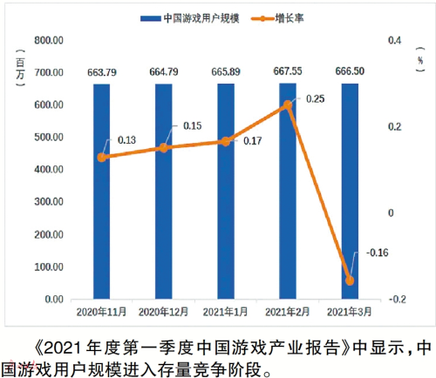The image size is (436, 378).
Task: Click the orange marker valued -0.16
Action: click(351, 280)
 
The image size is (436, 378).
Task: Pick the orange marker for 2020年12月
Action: click(164, 148)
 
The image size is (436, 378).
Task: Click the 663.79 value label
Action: click(102, 71)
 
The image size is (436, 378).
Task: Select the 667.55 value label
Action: click(289, 71)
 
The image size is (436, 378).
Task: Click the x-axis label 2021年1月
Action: click(226, 311)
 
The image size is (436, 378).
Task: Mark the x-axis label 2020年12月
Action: click(164, 311)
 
